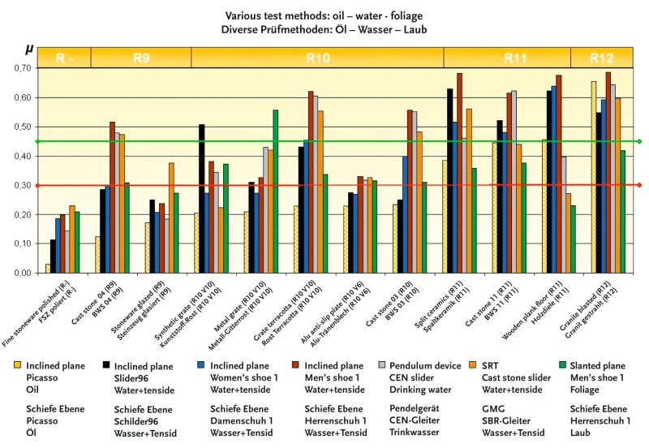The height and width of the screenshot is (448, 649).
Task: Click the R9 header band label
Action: (141, 58)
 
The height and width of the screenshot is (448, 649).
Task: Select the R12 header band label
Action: (601, 58)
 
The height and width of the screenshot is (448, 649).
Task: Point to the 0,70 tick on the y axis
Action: (23, 68)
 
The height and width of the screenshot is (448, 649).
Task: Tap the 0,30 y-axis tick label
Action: (23, 186)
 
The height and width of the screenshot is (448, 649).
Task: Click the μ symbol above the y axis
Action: (29, 50)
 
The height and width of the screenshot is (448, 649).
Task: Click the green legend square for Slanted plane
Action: (561, 364)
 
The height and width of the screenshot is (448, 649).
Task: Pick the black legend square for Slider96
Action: (106, 364)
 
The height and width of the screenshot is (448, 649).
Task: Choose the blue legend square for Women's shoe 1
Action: (201, 364)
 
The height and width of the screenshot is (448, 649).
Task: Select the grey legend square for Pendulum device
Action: (381, 364)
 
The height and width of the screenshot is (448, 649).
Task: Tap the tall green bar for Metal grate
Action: (276, 192)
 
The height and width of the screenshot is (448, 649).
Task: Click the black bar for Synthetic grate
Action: (201, 199)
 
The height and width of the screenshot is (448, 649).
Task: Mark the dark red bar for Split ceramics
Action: (459, 173)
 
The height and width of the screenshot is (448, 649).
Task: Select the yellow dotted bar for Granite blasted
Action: (594, 177)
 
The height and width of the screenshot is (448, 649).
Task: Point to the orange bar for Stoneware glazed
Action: (171, 218)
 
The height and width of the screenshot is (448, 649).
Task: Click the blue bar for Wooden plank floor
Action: (554, 179)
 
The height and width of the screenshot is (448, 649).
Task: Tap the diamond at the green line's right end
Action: (639, 141)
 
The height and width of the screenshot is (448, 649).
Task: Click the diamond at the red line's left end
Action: (37, 186)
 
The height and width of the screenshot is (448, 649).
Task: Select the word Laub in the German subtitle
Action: (415, 29)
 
